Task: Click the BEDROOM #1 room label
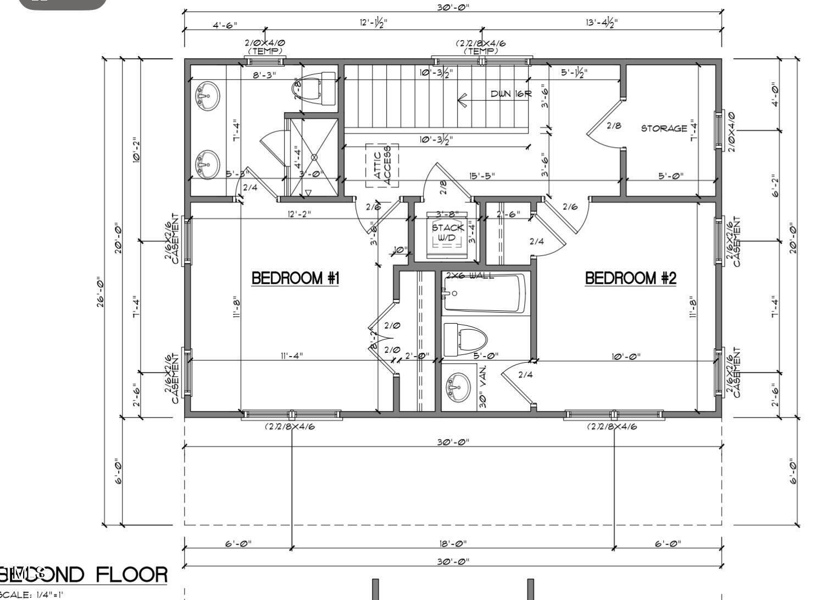pos(295,278)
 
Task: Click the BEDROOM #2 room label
pos(630,278)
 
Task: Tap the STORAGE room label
pos(664,128)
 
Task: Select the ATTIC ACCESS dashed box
pos(382,165)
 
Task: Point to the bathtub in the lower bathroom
pos(484,293)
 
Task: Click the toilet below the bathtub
pos(465,340)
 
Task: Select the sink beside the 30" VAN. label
pos(458,387)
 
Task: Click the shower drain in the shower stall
pos(314,157)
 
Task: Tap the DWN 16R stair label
pos(511,94)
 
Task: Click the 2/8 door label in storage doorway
pos(614,125)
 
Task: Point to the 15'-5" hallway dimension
pos(482,176)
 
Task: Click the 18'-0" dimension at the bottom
pos(453,543)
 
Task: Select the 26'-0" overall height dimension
pos(102,291)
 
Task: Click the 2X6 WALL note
pos(469,275)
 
